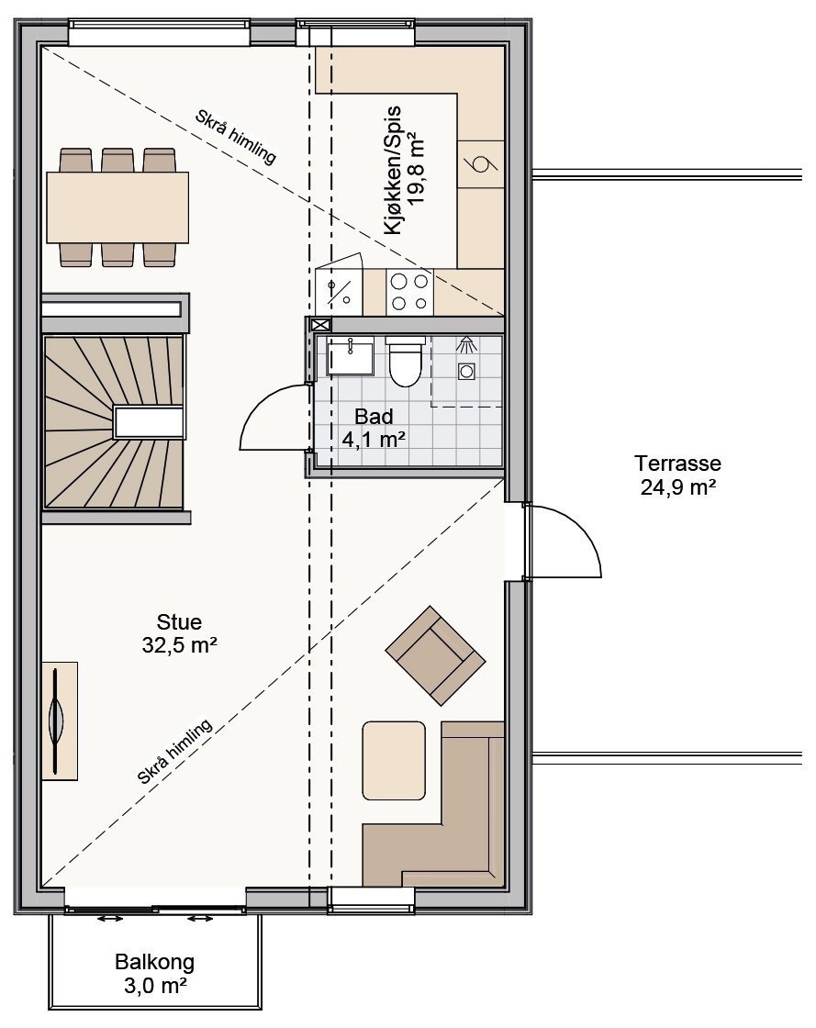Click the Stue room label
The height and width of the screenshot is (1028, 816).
[x=179, y=621]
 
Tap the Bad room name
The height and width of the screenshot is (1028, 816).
[x=374, y=417]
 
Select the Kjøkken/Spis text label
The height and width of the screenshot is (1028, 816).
[x=393, y=171]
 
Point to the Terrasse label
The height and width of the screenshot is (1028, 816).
[x=677, y=464]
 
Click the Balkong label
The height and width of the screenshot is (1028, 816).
[x=155, y=962]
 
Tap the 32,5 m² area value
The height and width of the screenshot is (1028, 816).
[x=180, y=645]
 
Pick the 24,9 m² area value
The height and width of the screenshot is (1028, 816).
[x=677, y=487]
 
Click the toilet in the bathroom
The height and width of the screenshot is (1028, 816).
[x=405, y=361]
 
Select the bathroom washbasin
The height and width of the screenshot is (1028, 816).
[x=350, y=355]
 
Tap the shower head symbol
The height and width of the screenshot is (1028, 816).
[x=466, y=343]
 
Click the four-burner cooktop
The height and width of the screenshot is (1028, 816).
[x=409, y=292]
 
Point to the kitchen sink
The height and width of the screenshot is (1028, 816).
[x=339, y=292]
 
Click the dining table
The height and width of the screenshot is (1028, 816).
[x=118, y=207]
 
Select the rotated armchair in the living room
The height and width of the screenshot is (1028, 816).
[x=435, y=655]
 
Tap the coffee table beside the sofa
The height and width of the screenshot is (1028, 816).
[x=394, y=761]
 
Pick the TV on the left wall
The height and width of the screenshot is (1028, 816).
[x=56, y=720]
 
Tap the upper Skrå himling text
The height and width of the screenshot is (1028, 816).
[x=236, y=137]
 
